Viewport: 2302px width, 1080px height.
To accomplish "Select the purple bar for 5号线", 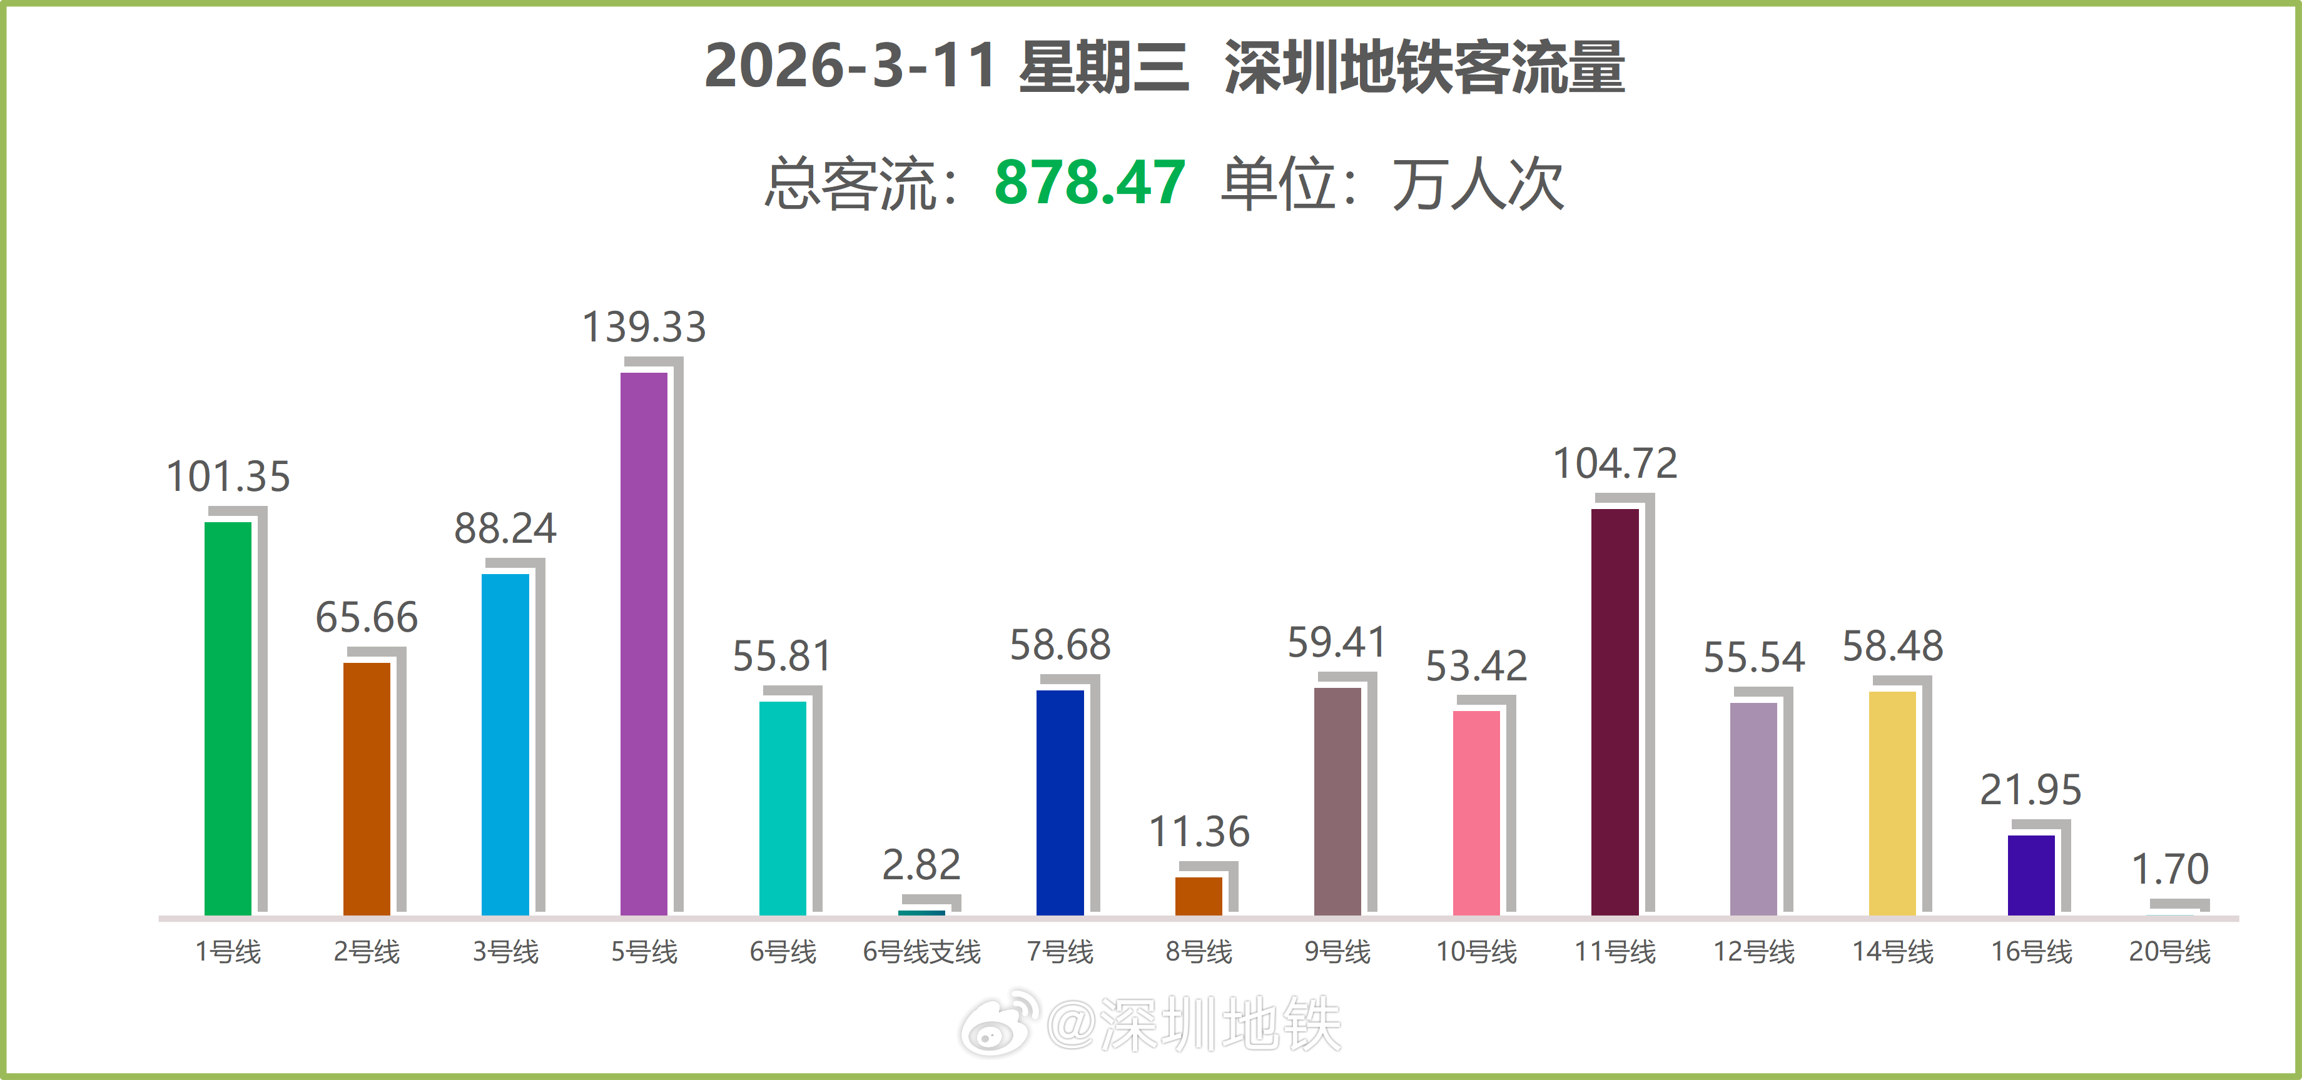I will point(644,643).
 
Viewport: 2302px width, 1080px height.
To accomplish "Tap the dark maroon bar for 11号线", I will point(1615,711).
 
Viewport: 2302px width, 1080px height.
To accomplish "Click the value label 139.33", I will point(644,327).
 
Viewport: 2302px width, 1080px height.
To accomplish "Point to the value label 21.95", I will point(2031,790).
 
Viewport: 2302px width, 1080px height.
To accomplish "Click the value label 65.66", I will point(367,617).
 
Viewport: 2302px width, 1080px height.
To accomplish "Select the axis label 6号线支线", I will point(921,951).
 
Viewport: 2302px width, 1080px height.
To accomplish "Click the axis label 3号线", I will point(506,951).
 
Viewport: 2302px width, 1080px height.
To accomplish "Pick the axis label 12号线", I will point(1753,951).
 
